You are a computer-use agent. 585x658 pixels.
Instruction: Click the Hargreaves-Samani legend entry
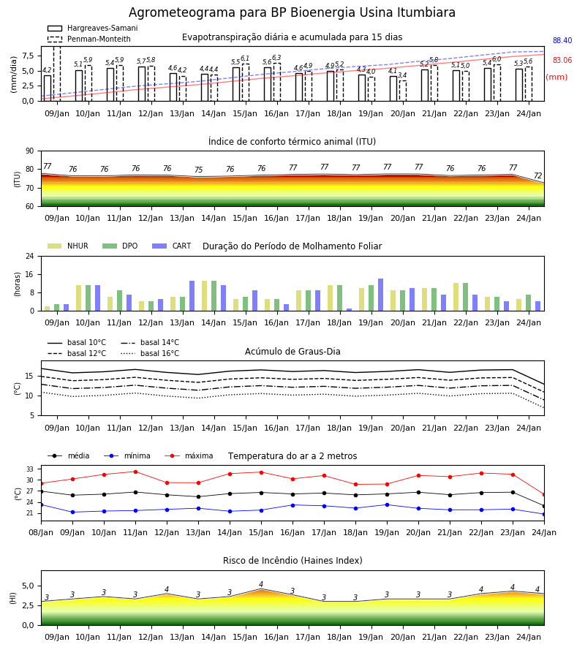92,28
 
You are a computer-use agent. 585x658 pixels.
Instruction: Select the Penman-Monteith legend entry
89,39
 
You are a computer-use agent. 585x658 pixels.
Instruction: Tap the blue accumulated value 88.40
562,40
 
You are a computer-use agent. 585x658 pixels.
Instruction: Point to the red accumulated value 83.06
562,60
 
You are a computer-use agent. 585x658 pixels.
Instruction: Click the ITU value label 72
538,175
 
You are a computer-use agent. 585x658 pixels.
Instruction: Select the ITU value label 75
198,170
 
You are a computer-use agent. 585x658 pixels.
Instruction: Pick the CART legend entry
171,246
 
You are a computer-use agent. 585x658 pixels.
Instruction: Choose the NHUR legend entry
67,246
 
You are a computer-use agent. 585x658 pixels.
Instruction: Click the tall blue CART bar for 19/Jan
381,295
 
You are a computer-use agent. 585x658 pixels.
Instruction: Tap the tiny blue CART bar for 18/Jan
349,310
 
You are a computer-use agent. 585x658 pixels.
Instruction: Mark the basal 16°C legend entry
149,353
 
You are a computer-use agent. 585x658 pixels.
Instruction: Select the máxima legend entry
189,455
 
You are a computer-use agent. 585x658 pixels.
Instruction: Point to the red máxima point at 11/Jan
135,472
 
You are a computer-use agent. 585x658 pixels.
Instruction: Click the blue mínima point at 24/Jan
544,514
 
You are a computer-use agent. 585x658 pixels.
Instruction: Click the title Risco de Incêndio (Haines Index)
292,560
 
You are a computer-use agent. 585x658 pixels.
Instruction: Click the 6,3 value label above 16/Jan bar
276,58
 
